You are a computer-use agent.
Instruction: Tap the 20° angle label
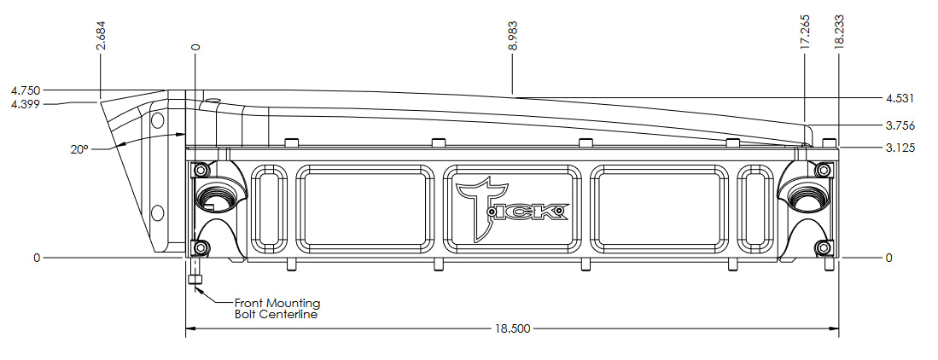point(79,148)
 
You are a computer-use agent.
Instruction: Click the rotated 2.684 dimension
point(102,35)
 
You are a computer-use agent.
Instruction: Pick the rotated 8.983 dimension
point(512,35)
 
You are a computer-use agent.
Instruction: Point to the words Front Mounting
point(277,303)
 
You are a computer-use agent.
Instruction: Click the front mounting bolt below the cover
point(195,278)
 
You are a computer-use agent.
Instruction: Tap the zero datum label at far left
point(36,257)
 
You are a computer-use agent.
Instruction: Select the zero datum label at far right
point(889,257)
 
